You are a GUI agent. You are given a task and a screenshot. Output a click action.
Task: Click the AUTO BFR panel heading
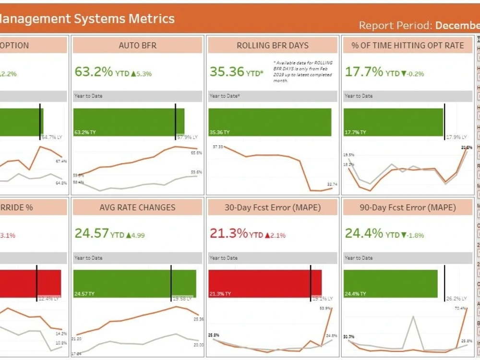[137, 46]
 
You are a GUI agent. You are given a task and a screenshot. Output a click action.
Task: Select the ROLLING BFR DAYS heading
[273, 46]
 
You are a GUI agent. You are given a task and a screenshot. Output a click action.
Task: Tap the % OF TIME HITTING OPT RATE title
[408, 46]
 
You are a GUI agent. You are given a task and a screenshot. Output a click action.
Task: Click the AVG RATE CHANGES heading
[137, 208]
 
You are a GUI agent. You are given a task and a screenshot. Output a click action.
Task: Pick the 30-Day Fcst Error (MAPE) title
[273, 208]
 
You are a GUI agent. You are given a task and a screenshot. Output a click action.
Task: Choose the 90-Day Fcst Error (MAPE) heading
[408, 208]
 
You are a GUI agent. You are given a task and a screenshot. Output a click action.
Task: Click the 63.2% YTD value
[94, 72]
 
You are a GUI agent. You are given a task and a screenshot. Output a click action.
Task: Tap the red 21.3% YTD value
[228, 234]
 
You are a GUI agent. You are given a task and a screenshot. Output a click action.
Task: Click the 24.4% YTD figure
[364, 234]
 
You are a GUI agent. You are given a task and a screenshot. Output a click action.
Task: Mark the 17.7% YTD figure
[364, 72]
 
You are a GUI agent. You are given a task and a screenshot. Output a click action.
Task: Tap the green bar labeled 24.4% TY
[390, 283]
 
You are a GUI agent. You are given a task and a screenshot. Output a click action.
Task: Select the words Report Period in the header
[396, 25]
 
